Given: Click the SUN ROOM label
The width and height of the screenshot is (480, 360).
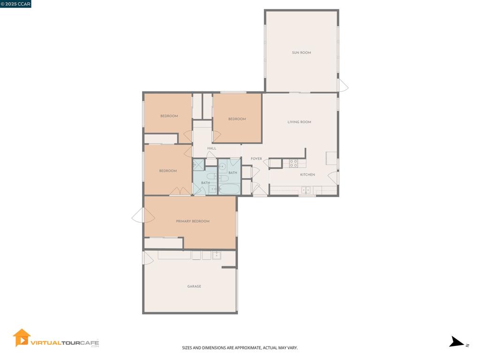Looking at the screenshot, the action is (x=301, y=52).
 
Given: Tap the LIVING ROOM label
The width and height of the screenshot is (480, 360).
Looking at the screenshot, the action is (x=299, y=122).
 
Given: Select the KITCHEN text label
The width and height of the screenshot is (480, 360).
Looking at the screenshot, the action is (x=307, y=174).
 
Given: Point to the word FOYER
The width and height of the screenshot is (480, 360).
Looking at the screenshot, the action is (x=256, y=158).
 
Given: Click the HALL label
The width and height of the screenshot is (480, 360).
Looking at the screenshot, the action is (x=211, y=148).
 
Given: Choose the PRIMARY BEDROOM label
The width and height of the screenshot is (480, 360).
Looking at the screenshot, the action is (x=193, y=221).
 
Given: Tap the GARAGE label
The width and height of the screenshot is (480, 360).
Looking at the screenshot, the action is (x=194, y=286).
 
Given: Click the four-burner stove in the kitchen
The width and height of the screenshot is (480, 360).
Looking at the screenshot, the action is (x=293, y=163).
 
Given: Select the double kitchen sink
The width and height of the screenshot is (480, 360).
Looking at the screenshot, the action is (x=306, y=190).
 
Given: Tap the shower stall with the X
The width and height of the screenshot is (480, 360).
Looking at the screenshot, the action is (x=198, y=165).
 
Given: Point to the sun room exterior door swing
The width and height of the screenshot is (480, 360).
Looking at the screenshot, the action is (x=343, y=85).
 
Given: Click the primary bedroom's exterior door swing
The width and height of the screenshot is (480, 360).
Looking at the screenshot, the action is (x=143, y=215).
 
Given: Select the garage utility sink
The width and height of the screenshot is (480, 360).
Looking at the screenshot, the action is (x=217, y=255).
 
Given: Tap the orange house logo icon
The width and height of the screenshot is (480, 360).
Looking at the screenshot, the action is (x=22, y=337).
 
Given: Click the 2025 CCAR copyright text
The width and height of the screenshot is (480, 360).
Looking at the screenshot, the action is (x=15, y=4).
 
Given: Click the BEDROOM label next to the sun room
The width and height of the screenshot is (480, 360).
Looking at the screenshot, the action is (x=237, y=119).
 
